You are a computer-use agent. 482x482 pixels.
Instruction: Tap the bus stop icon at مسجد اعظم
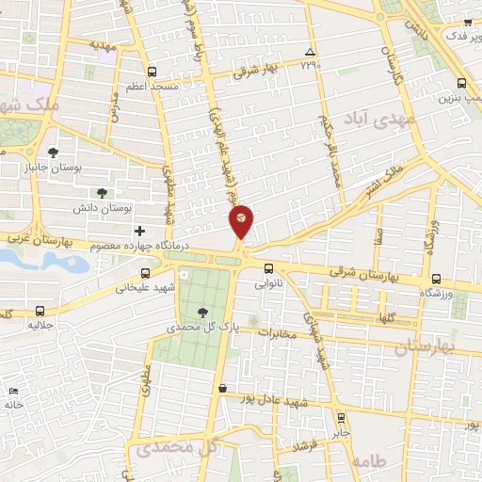pos(152,71)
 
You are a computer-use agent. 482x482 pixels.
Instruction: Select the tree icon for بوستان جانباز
pos(53,152)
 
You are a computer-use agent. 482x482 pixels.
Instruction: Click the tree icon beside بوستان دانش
pos(103,192)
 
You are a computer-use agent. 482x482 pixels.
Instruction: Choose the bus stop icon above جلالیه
pos(40,310)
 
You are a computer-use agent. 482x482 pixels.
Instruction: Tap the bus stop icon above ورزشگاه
pos(436,279)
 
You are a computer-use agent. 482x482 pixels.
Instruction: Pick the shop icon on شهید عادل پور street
pos(221,388)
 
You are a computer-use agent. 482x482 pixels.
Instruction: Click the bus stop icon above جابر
pos(340,418)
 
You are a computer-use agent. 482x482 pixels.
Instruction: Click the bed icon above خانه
pos(12,391)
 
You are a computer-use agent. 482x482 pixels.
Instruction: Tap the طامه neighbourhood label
pos(370,461)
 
